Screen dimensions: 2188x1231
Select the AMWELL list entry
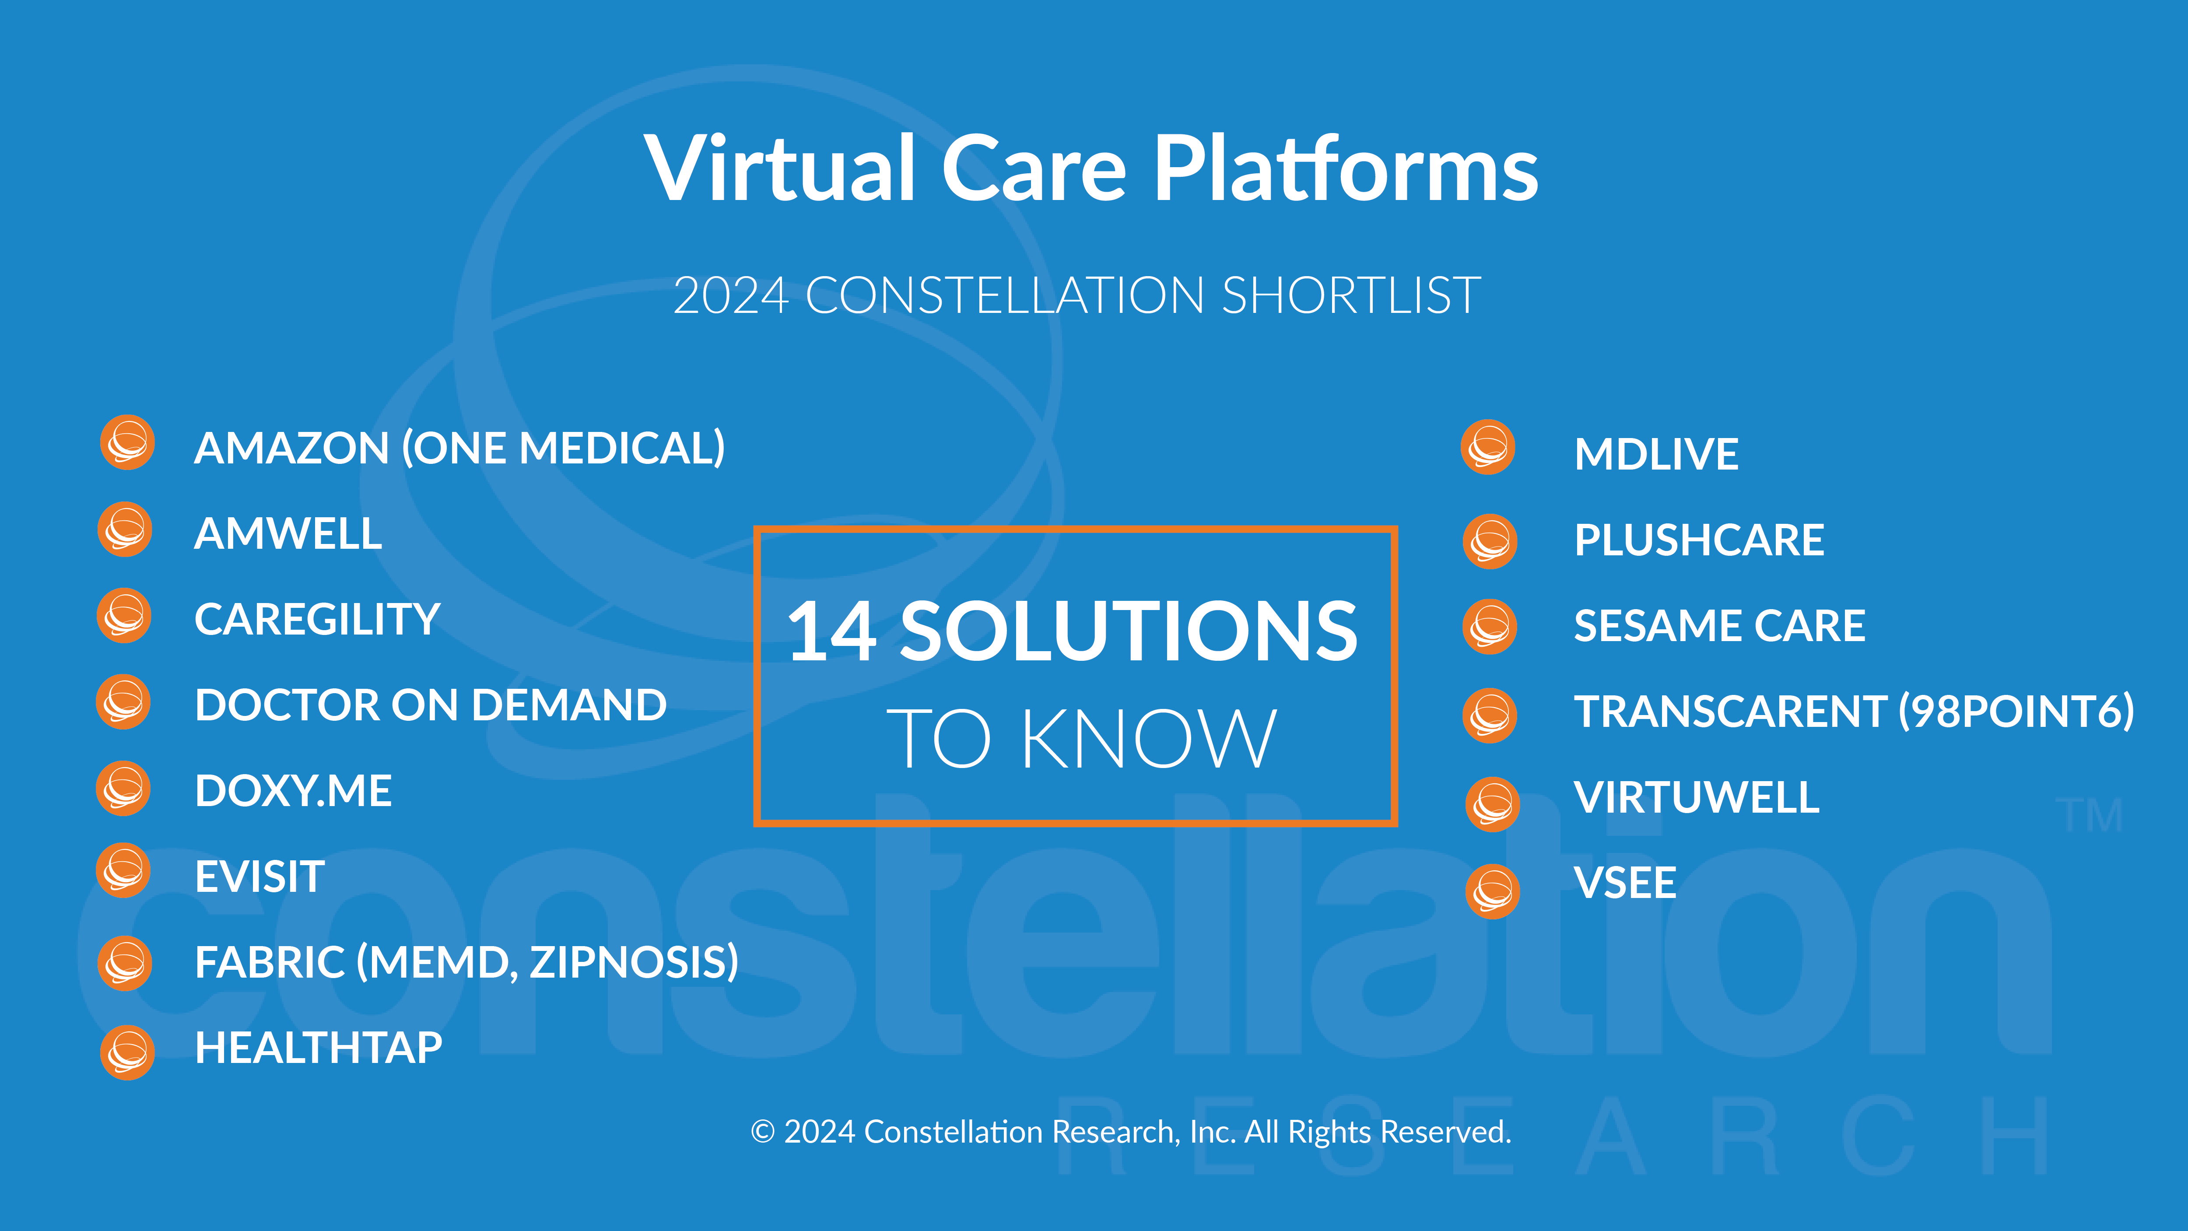(288, 533)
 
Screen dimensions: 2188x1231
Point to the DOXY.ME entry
(293, 791)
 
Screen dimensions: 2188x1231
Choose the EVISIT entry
(259, 876)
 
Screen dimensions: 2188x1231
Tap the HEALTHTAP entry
(319, 1048)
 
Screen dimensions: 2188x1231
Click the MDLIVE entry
(1656, 454)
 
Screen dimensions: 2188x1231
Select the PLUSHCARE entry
(1699, 540)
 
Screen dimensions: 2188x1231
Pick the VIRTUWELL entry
(1696, 797)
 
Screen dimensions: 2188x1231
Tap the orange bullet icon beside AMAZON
(127, 442)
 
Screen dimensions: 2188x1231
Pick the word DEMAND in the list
(569, 705)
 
